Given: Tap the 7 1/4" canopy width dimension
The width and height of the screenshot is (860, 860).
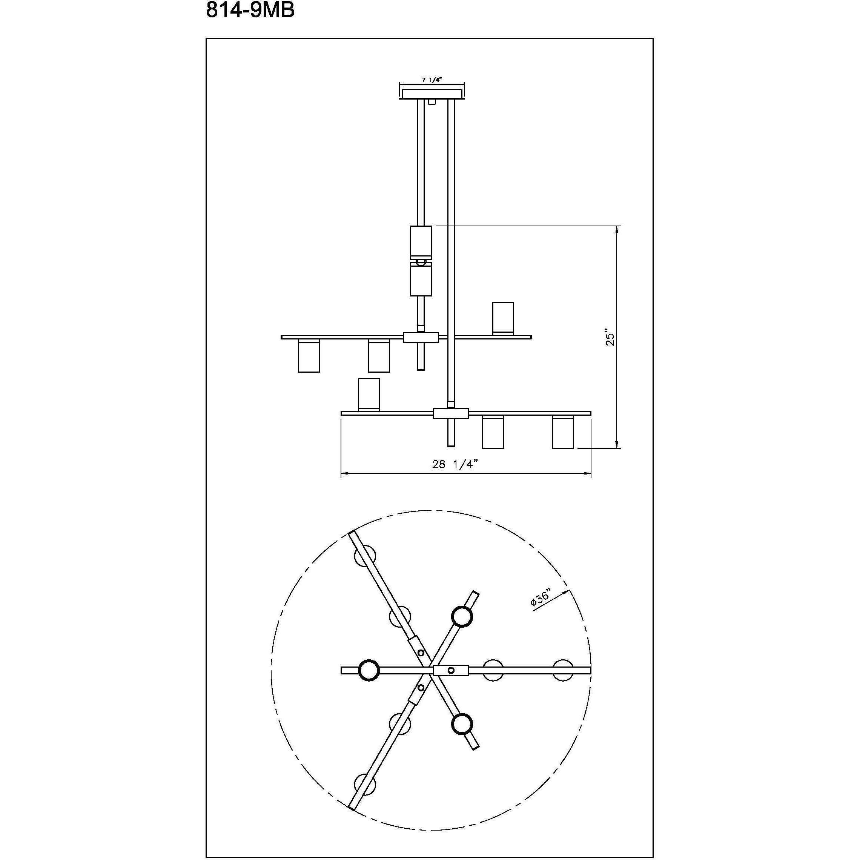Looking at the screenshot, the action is [x=432, y=80].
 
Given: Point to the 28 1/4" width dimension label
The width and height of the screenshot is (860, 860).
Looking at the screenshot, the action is [x=455, y=464].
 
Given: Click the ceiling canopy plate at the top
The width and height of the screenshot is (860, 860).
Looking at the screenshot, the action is [x=432, y=94].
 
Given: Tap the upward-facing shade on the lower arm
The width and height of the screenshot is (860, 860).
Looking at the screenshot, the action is [x=369, y=395].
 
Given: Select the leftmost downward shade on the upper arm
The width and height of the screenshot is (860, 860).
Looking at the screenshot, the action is [x=309, y=356].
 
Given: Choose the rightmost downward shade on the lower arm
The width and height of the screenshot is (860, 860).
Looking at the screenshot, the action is [x=563, y=432].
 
